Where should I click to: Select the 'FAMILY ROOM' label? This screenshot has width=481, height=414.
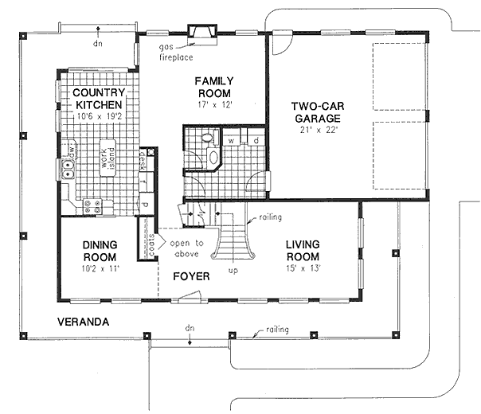click(214, 87)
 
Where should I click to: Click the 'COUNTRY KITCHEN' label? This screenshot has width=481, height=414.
click(97, 99)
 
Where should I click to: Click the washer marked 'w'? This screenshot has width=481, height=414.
click(232, 140)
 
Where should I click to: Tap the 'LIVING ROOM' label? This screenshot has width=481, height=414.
click(302, 252)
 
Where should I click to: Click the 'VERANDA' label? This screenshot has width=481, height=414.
click(82, 322)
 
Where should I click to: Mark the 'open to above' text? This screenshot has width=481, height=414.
click(188, 248)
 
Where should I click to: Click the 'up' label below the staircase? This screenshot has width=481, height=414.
click(233, 271)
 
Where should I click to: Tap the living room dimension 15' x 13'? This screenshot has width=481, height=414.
click(302, 268)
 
